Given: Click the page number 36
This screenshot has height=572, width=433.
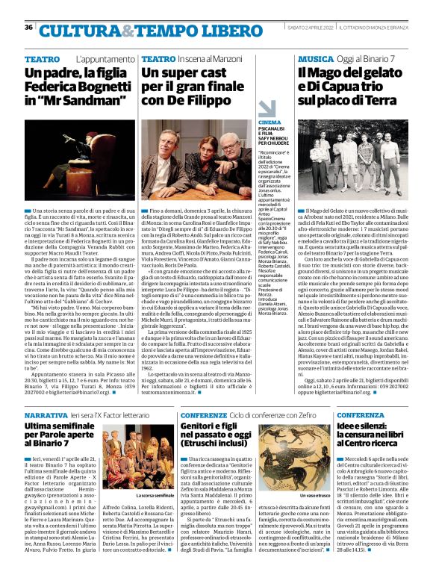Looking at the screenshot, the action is [28, 28].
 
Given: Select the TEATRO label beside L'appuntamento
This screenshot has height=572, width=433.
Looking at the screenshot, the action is [43, 58].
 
